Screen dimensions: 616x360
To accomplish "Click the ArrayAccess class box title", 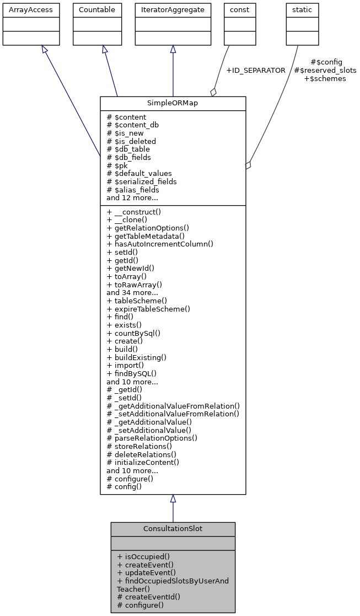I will click(24, 10).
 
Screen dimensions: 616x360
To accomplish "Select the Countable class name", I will click(97, 10).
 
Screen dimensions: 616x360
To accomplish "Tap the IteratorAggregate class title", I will click(173, 10).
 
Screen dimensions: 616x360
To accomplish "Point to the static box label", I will click(302, 10).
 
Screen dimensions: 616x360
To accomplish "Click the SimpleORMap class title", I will click(173, 104).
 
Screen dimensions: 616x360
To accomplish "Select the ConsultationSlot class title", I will click(173, 529).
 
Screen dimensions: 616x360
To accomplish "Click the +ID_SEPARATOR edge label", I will click(256, 71).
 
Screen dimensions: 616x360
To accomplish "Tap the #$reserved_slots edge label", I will click(325, 71).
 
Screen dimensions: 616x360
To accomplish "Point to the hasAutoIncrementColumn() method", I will click(160, 244).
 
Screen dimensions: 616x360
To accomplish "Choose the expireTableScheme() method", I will click(148, 309).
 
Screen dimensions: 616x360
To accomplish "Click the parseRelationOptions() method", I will click(152, 438).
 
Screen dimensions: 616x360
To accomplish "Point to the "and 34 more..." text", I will click(132, 292).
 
